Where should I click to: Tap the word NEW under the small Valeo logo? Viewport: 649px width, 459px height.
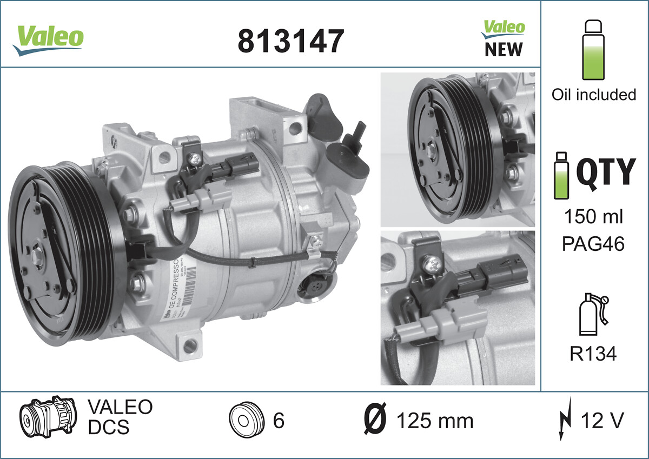503,49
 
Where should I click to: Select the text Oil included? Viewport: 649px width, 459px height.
593,95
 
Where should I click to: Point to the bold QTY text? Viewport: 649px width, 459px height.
604,172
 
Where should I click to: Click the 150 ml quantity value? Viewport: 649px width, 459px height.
594,217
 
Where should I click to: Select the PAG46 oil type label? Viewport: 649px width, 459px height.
594,244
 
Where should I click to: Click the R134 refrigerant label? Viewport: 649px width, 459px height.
593,354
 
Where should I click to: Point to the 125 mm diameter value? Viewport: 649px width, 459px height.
435,421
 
